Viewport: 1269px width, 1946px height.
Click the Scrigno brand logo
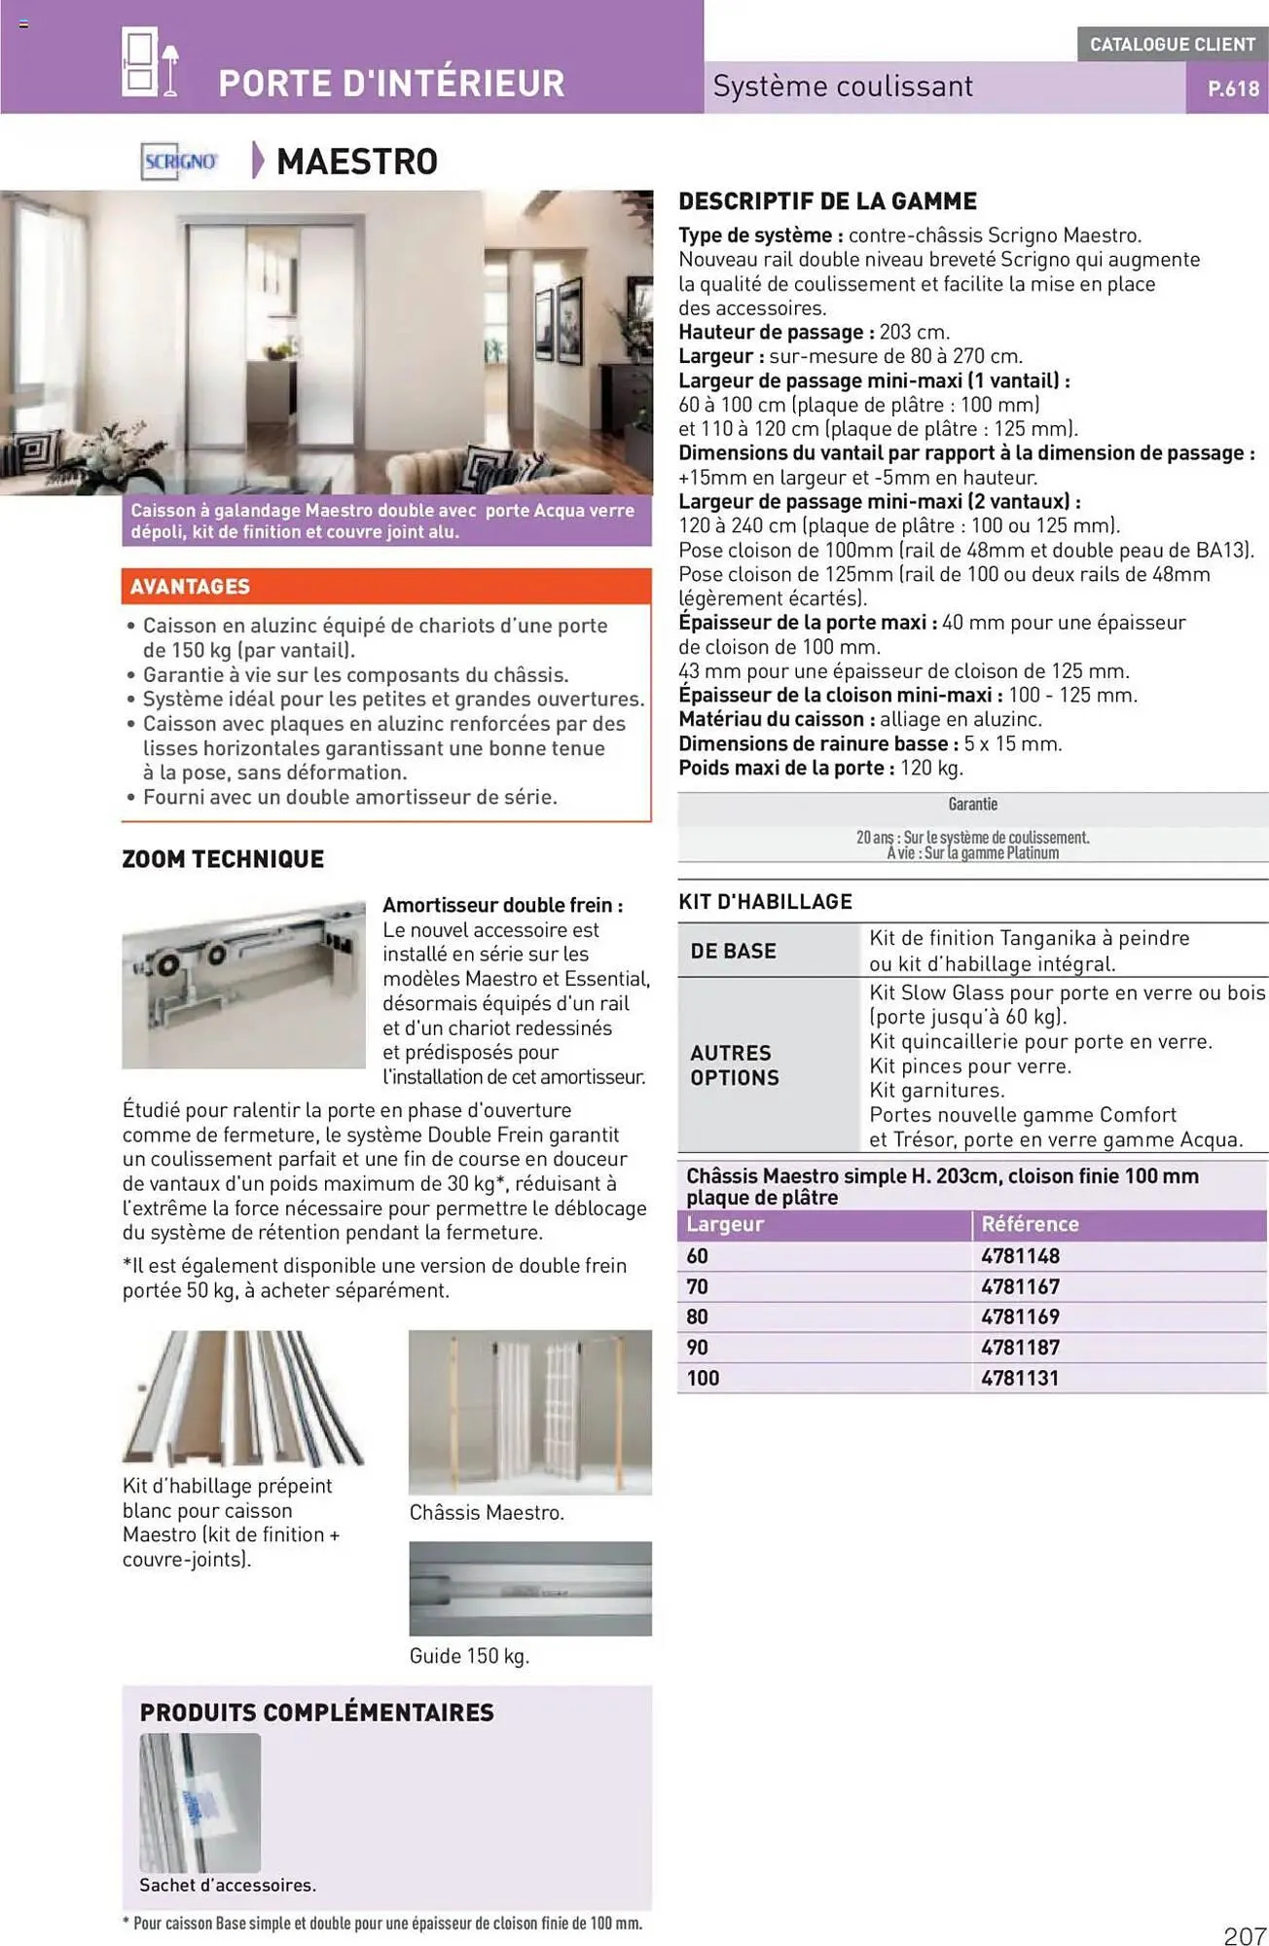point(180,162)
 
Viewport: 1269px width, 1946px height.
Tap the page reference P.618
point(1233,89)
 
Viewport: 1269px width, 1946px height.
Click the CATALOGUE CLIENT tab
point(1172,44)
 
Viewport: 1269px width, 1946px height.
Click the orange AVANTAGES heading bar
point(386,587)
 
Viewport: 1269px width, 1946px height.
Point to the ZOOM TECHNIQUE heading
point(223,859)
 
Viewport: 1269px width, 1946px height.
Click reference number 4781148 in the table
point(1020,1256)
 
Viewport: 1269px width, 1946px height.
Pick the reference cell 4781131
point(1020,1378)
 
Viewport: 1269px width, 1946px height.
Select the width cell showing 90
point(697,1348)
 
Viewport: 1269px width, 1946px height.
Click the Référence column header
point(1030,1224)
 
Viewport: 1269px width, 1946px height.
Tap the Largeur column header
point(725,1224)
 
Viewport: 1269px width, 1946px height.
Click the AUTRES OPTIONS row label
point(735,1065)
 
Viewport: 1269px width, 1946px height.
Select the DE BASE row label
point(733,951)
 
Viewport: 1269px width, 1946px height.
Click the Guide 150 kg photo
point(530,1588)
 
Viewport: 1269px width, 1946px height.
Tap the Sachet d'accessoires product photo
point(200,1802)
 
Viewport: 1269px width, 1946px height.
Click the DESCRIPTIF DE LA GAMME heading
point(827,201)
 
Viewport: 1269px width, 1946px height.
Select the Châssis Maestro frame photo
point(530,1412)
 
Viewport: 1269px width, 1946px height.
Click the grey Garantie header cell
point(972,805)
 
